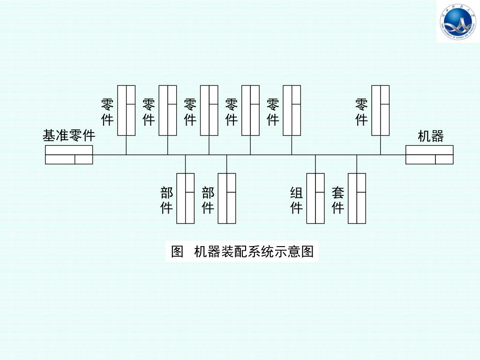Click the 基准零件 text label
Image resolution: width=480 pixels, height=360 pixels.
69,136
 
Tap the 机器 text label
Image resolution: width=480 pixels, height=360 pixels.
430,136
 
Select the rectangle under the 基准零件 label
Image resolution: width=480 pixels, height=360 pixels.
69,155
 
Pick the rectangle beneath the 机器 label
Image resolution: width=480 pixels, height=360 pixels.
429,155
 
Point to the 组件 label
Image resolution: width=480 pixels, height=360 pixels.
296,200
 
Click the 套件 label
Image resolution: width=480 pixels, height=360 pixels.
338,200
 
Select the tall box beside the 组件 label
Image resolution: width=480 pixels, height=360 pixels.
315,198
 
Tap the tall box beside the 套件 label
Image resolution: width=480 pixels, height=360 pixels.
357,198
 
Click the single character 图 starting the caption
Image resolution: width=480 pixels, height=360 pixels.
177,252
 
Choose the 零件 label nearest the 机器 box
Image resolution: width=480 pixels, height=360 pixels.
361,112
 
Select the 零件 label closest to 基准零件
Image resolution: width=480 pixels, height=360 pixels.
107,112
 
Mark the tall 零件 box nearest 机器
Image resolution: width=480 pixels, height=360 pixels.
380,110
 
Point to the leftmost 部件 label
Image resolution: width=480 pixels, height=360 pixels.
167,200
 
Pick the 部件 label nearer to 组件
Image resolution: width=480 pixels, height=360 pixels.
208,200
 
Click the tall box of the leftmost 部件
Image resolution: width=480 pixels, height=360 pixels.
185,198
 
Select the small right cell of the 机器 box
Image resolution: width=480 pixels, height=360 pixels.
444,159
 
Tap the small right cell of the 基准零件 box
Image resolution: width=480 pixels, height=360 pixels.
84,159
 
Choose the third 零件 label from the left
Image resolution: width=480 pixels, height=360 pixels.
190,112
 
